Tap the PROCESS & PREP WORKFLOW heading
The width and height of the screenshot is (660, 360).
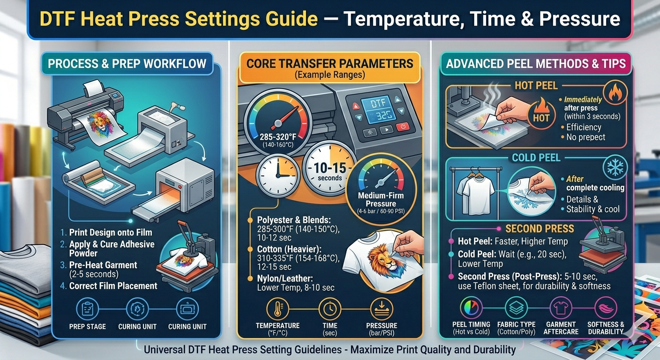pos(127,63)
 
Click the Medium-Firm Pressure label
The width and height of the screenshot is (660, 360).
pos(381,200)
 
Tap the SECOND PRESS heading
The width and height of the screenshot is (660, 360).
pos(539,229)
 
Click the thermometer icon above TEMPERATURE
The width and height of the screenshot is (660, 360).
pos(277,309)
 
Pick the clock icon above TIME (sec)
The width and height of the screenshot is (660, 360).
pos(330,309)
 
